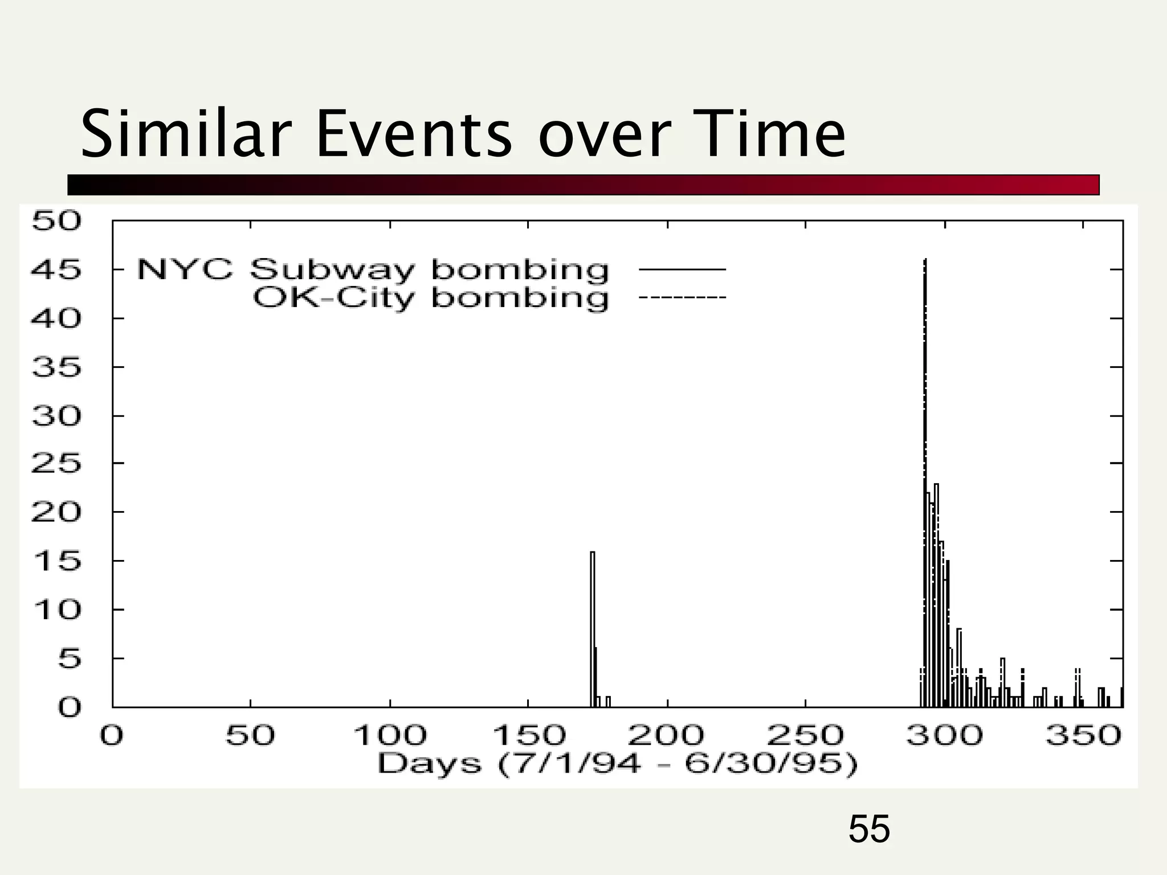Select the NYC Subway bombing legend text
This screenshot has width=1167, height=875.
[373, 269]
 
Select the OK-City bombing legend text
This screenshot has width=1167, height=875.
[431, 298]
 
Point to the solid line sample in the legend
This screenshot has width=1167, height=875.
[682, 269]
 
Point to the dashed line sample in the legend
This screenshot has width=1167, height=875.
[682, 297]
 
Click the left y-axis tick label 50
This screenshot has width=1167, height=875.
[56, 221]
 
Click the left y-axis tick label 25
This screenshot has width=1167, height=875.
[56, 464]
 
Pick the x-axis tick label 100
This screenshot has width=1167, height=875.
[390, 735]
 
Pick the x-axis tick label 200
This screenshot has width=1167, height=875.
[666, 735]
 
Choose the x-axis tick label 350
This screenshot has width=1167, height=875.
[1083, 735]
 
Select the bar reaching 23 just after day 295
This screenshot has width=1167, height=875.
[937, 592]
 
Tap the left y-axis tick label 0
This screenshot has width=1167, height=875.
[70, 708]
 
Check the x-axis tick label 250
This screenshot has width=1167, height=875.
[805, 735]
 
